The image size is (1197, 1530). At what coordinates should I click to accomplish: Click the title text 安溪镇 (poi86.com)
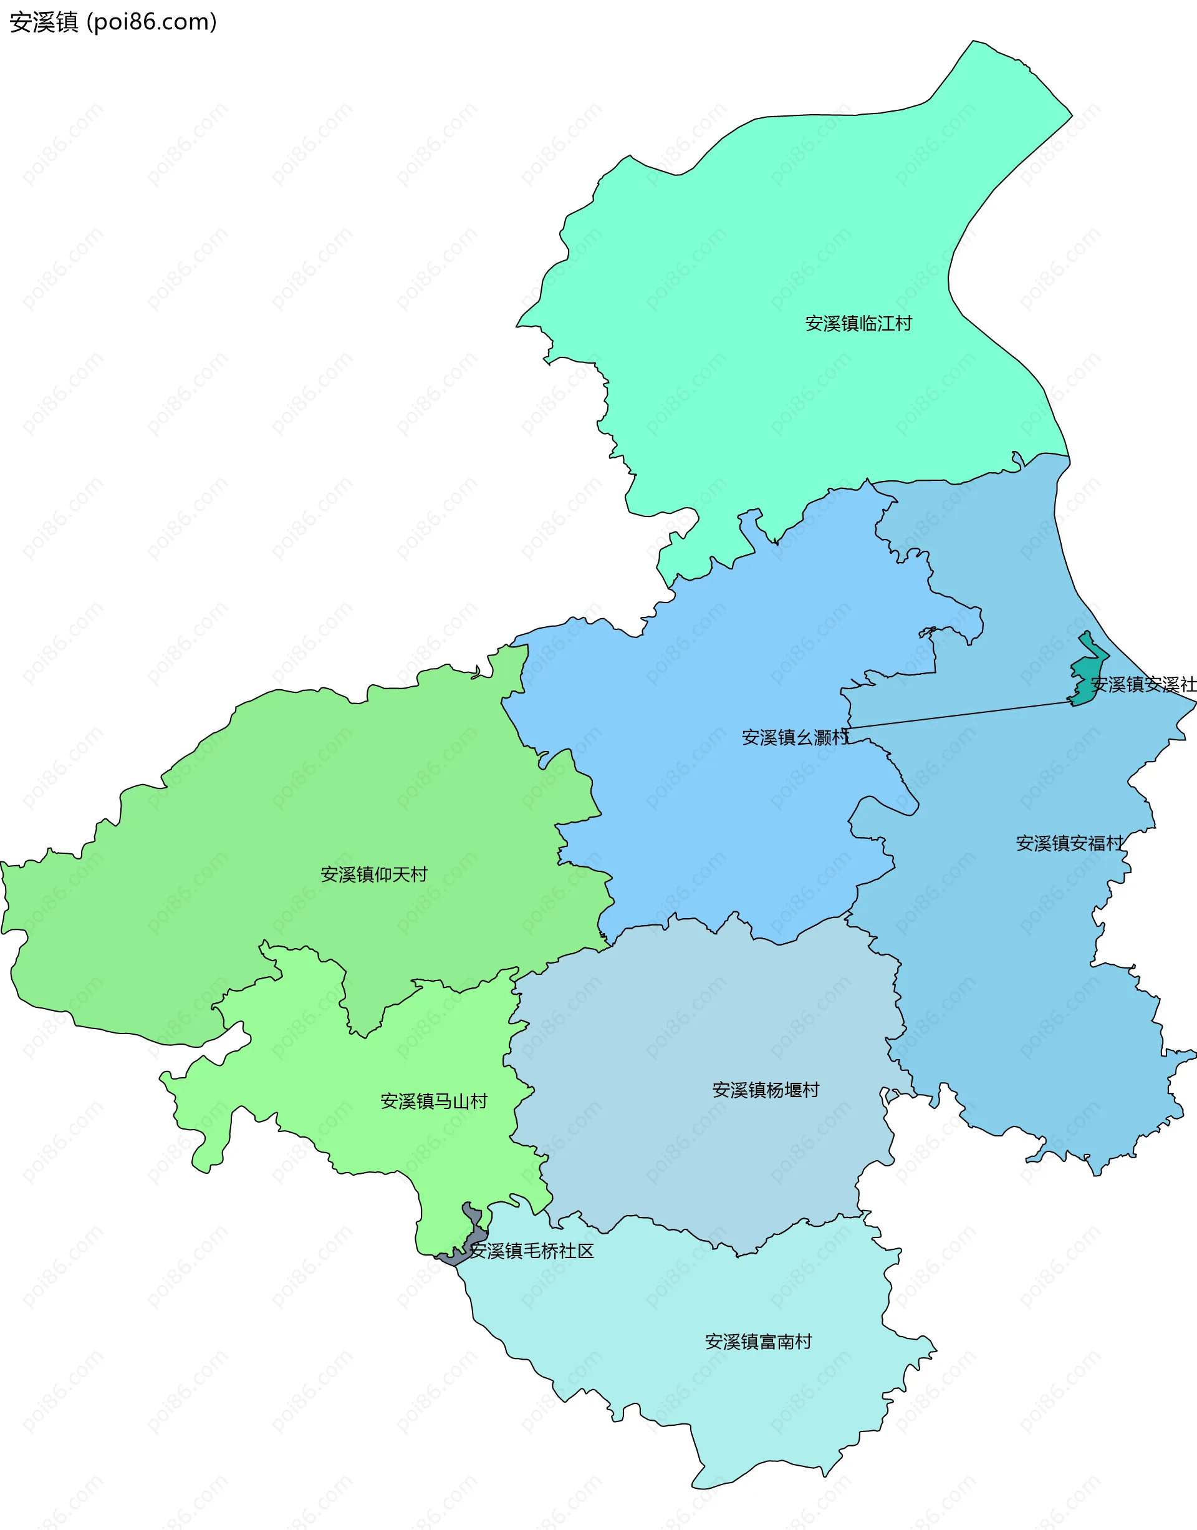coord(113,22)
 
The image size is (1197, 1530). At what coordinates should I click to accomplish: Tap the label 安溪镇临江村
coord(858,323)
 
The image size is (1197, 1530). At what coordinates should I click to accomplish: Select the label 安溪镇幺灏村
coord(795,737)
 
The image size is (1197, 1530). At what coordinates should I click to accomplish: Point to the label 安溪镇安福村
coord(1069,843)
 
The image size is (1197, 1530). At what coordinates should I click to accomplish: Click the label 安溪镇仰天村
coord(373,874)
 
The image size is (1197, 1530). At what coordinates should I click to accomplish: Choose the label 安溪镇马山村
coord(433,1101)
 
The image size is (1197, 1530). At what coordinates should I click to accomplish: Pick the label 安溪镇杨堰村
coord(766,1090)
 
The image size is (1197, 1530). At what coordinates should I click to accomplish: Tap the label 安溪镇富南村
coord(757,1342)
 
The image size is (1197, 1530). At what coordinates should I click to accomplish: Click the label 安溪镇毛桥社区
coord(531,1251)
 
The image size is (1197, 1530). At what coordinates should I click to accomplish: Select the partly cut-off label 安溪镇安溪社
coord(1142,684)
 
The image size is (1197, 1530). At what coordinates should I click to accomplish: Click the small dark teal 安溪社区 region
coord(1085,673)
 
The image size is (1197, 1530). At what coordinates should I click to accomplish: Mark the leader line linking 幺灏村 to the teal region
coord(960,715)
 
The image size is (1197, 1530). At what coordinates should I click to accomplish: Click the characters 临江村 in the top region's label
coord(885,323)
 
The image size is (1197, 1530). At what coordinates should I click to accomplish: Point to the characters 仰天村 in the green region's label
coord(401,874)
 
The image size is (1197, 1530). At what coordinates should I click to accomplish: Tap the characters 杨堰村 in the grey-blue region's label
coord(792,1090)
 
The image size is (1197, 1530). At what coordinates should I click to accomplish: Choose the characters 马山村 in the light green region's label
coord(461,1101)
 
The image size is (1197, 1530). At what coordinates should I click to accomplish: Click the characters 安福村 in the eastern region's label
coord(1097,843)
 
